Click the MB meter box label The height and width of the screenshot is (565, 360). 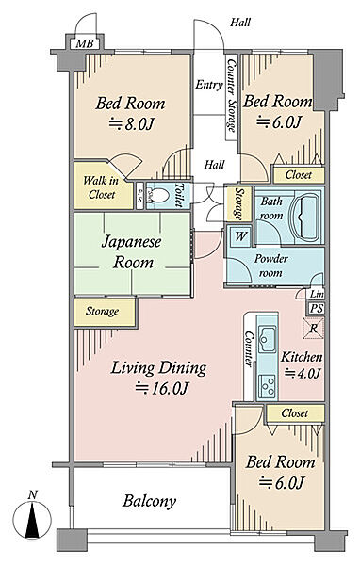click(x=85, y=44)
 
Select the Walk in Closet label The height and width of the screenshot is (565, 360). click(x=100, y=187)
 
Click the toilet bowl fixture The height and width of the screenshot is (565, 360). click(x=159, y=197)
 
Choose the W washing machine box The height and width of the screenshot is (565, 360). click(x=240, y=236)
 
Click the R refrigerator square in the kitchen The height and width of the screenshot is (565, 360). click(x=314, y=329)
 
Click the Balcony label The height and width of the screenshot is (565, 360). click(x=149, y=501)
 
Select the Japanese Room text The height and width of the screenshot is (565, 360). click(x=132, y=251)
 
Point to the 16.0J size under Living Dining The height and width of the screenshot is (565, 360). click(x=162, y=389)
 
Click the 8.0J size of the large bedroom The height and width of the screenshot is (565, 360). click(x=131, y=124)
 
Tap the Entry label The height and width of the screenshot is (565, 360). click(x=209, y=85)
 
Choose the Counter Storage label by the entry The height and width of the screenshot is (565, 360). click(x=231, y=94)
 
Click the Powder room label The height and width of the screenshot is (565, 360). click(x=270, y=266)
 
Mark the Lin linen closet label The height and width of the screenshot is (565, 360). click(x=317, y=294)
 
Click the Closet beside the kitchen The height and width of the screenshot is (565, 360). click(x=295, y=412)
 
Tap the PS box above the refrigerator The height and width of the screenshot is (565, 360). click(x=317, y=309)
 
